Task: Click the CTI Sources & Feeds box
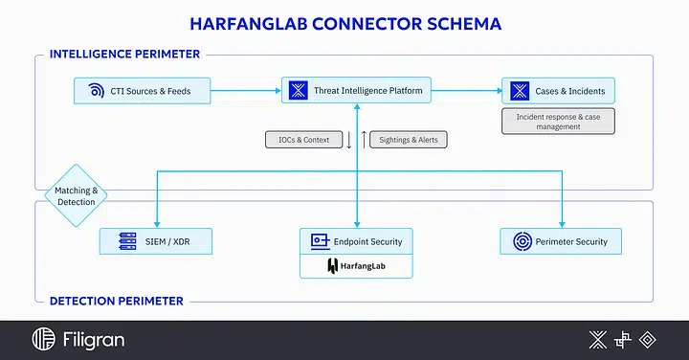(142, 92)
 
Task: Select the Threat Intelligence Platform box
(356, 92)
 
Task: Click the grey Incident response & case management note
(559, 121)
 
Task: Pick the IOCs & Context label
(302, 140)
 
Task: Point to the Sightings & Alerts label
(408, 140)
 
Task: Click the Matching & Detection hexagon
(76, 195)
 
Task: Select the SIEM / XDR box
(156, 241)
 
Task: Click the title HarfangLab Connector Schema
(344, 21)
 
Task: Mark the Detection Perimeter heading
(116, 301)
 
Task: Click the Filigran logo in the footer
(78, 339)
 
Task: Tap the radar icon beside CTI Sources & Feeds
(96, 92)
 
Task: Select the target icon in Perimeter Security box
(522, 241)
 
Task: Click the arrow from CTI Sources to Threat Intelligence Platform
(245, 92)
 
